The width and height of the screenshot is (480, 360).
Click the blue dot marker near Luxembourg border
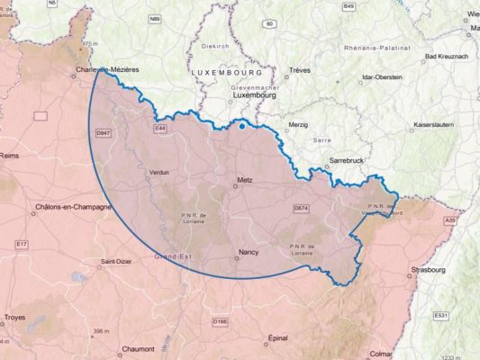(x=242, y=126)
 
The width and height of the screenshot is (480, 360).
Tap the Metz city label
(x=242, y=179)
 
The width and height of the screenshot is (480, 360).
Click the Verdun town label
(x=158, y=171)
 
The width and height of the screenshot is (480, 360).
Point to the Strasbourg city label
(x=426, y=269)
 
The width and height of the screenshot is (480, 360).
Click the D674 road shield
(x=301, y=208)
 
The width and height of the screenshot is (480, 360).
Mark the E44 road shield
(x=160, y=129)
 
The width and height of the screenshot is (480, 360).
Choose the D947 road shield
(x=103, y=132)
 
